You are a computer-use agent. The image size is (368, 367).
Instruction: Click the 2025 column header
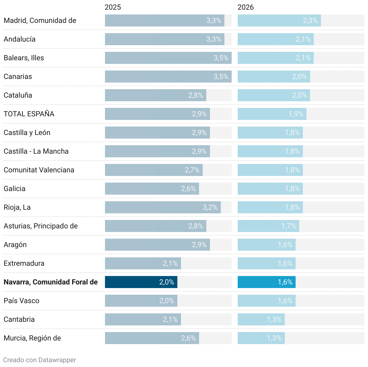(x=113, y=7)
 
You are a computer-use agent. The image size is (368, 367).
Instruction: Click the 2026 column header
(x=246, y=7)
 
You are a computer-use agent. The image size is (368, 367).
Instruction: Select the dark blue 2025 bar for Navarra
(x=141, y=282)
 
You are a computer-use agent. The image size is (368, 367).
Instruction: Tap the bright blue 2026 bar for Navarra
(x=266, y=282)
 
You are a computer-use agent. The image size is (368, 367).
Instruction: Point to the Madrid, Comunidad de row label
(x=40, y=20)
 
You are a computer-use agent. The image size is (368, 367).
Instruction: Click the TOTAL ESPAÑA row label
(x=29, y=114)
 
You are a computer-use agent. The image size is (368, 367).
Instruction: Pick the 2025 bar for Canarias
(x=168, y=77)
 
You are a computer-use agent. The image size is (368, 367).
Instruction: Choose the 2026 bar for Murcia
(x=261, y=338)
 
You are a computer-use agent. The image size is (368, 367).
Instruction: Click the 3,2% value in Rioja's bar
(x=210, y=207)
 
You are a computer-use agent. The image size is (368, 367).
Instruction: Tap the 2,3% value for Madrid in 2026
(x=310, y=20)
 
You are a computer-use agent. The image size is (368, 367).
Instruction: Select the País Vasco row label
(x=21, y=301)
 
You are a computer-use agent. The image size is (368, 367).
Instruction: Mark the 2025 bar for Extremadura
(x=143, y=263)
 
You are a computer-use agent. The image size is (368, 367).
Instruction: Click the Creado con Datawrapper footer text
(x=40, y=360)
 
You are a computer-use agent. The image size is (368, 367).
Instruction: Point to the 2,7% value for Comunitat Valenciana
(x=192, y=170)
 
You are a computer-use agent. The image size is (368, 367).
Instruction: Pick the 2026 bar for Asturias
(x=268, y=226)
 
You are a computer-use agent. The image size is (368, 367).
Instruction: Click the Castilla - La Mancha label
(x=36, y=151)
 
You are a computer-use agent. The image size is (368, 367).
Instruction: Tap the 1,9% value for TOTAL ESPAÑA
(x=296, y=114)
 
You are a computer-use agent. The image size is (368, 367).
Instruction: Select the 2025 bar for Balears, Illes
(x=168, y=58)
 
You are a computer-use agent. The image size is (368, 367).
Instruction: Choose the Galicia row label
(x=14, y=189)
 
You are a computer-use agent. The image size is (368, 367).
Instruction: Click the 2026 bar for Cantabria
(x=261, y=319)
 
